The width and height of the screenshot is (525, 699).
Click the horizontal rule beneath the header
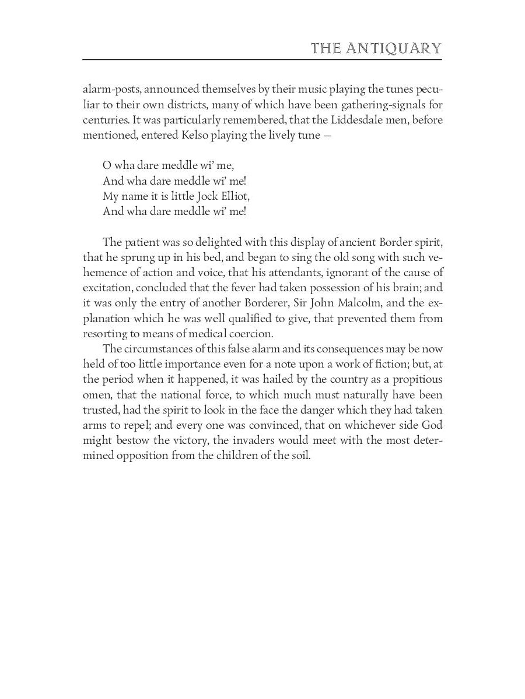pyautogui.click(x=262, y=59)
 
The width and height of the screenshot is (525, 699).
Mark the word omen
pyautogui.click(x=96, y=394)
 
